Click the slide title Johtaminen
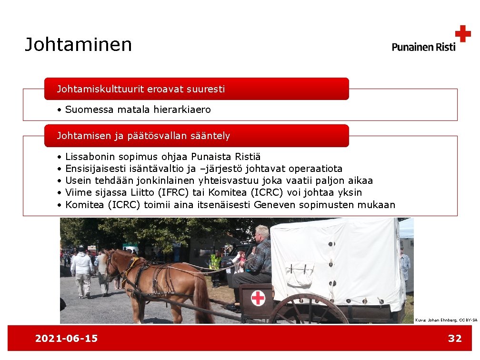click(x=78, y=45)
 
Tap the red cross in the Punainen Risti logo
click(x=462, y=34)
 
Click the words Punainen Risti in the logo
click(x=423, y=47)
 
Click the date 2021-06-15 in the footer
click(x=66, y=339)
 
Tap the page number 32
click(x=455, y=339)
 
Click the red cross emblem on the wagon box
click(x=258, y=299)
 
